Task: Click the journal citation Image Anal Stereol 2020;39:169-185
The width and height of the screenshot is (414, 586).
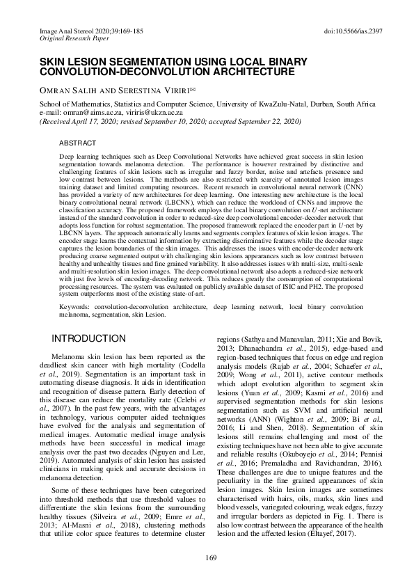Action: (x=74, y=33)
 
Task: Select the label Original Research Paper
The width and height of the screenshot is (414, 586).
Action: (x=58, y=41)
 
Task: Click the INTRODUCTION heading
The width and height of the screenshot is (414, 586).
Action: (x=89, y=338)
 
